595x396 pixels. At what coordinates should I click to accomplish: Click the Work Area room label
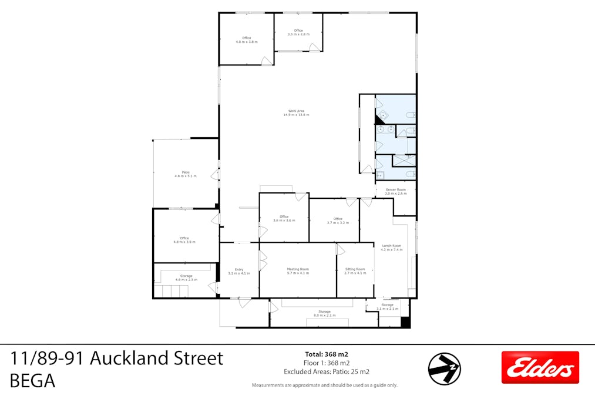(296, 113)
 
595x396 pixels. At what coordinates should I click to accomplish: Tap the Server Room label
(395, 191)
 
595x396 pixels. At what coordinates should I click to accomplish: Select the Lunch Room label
(391, 248)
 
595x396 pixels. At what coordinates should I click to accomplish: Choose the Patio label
(185, 174)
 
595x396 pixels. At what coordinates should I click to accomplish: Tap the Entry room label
(238, 271)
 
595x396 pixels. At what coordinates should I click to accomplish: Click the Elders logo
(540, 368)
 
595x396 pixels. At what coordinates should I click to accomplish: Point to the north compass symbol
(444, 368)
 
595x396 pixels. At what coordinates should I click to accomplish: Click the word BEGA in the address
(33, 381)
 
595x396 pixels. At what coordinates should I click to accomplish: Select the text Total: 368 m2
(327, 354)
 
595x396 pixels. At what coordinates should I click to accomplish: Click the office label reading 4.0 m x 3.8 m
(247, 40)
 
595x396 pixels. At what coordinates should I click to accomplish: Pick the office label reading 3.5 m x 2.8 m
(298, 32)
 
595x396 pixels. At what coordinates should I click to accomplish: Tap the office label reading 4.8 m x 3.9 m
(184, 240)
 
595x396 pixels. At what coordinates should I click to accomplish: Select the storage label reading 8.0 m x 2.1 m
(324, 313)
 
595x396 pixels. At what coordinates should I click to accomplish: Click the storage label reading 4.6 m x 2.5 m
(186, 277)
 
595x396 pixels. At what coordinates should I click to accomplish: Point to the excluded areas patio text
(327, 371)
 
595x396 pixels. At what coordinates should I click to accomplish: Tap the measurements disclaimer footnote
(325, 385)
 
